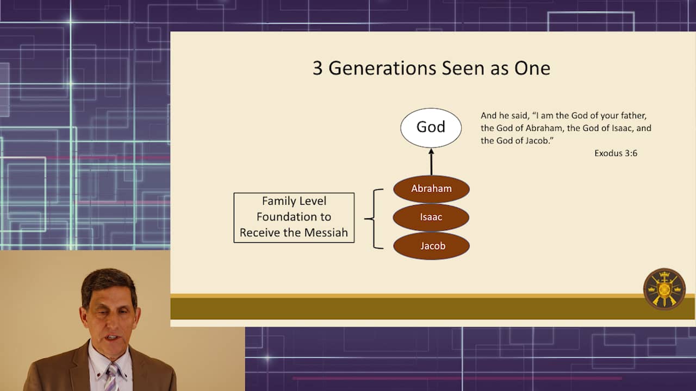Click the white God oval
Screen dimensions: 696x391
click(431, 128)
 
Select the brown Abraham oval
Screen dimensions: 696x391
click(431, 189)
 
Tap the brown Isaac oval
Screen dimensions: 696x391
click(431, 217)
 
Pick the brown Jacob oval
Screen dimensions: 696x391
click(431, 246)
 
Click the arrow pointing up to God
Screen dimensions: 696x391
click(431, 162)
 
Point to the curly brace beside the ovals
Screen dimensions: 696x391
click(374, 219)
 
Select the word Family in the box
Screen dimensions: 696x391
click(278, 201)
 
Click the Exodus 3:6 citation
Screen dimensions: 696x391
click(616, 153)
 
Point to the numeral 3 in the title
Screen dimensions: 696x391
click(317, 68)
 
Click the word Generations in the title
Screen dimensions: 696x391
click(383, 68)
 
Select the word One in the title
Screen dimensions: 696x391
click(532, 68)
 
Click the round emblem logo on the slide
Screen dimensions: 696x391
click(664, 289)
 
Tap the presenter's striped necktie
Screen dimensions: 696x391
click(112, 377)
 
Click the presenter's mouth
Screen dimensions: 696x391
click(113, 337)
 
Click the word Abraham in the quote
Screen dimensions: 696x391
click(545, 128)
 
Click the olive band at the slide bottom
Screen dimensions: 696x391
click(432, 308)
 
